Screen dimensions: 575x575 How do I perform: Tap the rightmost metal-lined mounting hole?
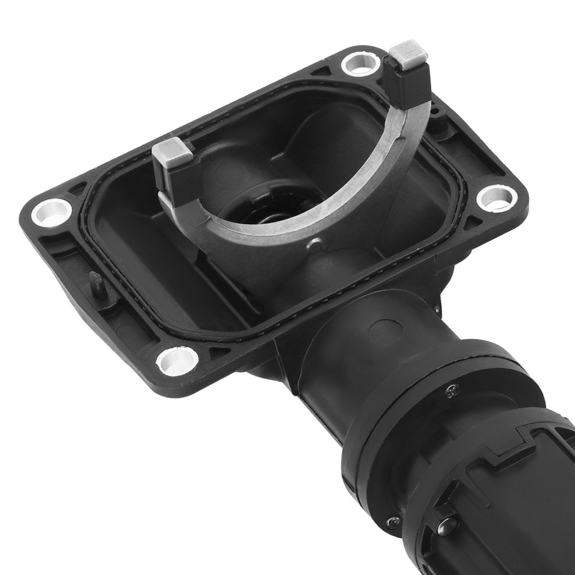click(x=496, y=198)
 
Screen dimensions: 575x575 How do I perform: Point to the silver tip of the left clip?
click(x=171, y=153)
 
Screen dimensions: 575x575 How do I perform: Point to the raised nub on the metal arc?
click(x=315, y=244)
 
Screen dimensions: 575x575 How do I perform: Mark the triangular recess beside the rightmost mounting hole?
click(x=473, y=221)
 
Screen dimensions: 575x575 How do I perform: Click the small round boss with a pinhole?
click(x=437, y=112)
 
